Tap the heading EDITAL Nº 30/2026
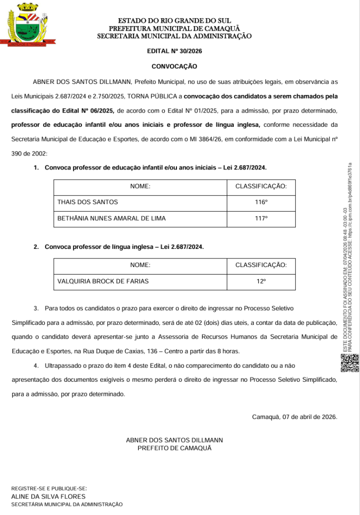click(x=174, y=51)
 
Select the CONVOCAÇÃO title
click(x=174, y=66)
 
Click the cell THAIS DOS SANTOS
click(x=88, y=202)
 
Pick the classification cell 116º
click(x=261, y=202)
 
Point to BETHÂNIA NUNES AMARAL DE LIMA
click(x=112, y=218)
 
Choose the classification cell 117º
click(x=261, y=218)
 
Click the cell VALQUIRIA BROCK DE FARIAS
click(x=103, y=281)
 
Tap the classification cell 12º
click(x=261, y=281)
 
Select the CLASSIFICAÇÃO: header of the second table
click(x=261, y=265)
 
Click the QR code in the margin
click(x=350, y=363)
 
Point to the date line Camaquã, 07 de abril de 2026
click(x=294, y=417)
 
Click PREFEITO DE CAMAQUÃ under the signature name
click(x=174, y=448)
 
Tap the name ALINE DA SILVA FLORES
click(x=45, y=496)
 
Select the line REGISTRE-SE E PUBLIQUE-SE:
click(x=49, y=488)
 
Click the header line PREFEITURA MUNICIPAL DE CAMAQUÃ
click(x=174, y=29)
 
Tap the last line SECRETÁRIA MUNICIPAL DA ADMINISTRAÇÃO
click(x=67, y=504)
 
